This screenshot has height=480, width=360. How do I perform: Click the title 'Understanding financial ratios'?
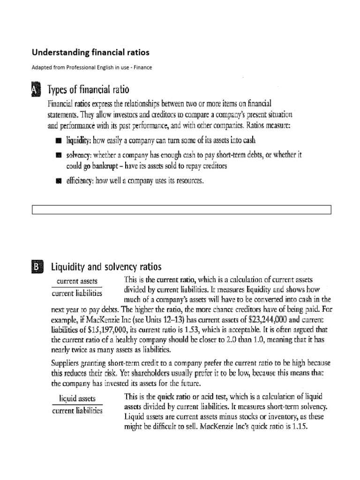coord(90,52)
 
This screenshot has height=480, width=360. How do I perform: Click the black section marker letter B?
coord(37,267)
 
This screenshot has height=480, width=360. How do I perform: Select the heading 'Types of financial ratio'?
coord(89,90)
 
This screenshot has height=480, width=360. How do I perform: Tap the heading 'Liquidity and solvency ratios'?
coord(106,267)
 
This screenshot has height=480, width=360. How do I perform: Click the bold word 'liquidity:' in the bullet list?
coord(78,140)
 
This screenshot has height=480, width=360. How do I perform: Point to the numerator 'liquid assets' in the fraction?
coord(77,398)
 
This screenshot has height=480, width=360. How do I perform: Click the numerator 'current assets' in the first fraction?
coord(77,282)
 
